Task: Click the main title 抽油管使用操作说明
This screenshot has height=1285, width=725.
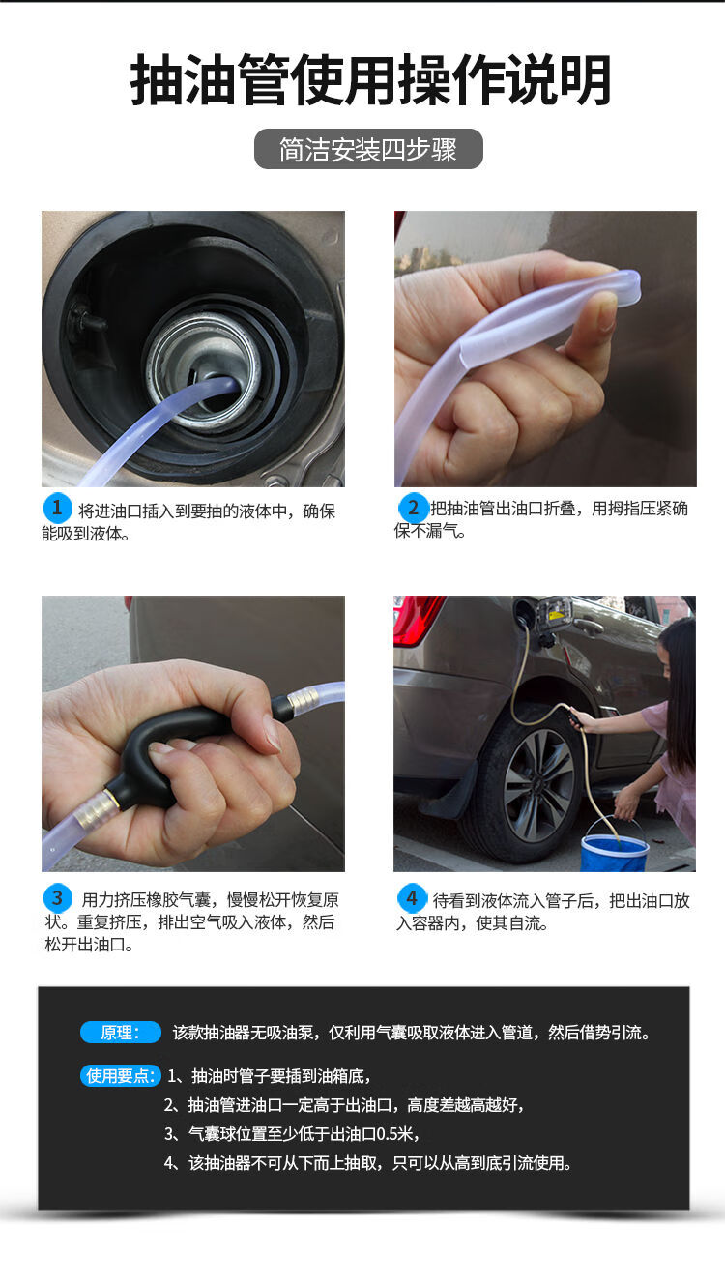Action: click(370, 80)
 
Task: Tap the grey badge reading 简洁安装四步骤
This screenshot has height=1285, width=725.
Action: click(368, 150)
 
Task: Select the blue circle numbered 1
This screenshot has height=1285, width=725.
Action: click(58, 508)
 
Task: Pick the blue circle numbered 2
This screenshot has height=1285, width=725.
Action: click(414, 508)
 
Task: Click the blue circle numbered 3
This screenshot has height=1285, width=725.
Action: click(58, 898)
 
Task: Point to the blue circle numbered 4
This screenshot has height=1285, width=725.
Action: click(412, 898)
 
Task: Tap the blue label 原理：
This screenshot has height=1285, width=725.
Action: click(120, 1033)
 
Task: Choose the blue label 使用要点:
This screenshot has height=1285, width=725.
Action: click(120, 1075)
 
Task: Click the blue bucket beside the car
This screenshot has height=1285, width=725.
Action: click(614, 852)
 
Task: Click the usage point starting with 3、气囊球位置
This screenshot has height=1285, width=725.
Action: click(292, 1134)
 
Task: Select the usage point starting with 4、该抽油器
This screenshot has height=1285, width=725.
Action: click(367, 1163)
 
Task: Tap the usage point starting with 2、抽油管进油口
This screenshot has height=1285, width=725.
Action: click(344, 1105)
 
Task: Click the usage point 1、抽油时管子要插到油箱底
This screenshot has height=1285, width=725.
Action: click(269, 1075)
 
